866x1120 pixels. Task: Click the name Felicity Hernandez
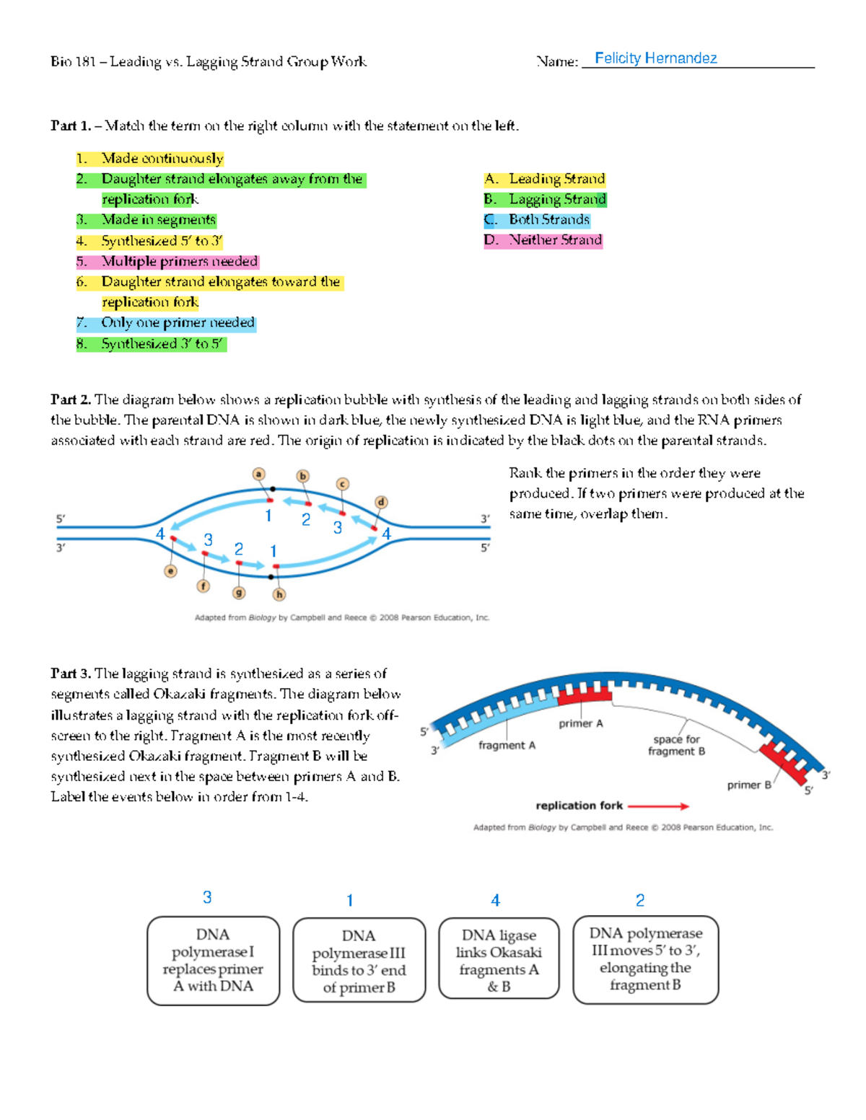pos(655,58)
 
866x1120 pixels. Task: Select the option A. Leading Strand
pos(545,179)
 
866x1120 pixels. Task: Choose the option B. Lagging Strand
pos(545,199)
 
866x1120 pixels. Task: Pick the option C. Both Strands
pos(537,219)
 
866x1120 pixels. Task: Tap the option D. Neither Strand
pos(543,240)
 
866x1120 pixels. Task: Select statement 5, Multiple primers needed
pos(167,261)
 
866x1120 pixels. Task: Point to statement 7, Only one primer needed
pos(166,322)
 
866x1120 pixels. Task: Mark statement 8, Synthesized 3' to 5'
pos(152,344)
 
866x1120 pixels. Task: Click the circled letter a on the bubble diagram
pos(258,474)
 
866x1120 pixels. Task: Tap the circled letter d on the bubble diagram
pos(381,502)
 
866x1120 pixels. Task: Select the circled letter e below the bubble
pos(170,571)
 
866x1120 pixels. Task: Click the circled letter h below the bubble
pos(279,594)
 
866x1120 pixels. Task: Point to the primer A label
pos(580,723)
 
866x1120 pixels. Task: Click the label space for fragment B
pos(676,745)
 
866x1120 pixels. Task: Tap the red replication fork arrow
pos(658,806)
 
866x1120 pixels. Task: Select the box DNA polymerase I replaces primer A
pos(213,961)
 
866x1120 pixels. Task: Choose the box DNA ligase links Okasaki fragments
pos(499,959)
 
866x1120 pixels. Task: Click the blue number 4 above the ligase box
pos(495,900)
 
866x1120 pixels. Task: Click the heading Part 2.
pos(70,400)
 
